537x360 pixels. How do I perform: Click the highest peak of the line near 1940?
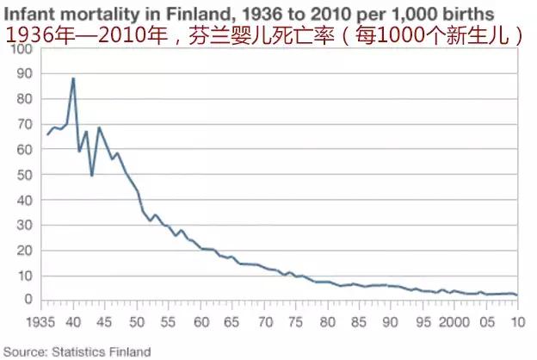73,78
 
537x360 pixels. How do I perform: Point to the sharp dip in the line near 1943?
92,176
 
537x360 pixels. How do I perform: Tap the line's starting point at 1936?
47,134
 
